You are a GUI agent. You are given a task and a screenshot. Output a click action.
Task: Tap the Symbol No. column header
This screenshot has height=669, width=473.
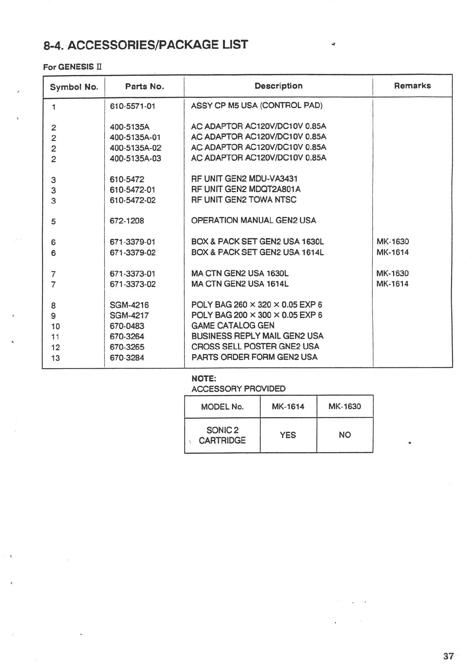click(x=74, y=87)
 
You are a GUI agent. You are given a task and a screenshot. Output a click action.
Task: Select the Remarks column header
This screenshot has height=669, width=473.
click(x=412, y=86)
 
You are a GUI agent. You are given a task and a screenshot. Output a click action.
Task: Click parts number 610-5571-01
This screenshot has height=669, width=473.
click(x=132, y=106)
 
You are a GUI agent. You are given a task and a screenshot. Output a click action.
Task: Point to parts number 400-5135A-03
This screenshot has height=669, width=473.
click(x=135, y=159)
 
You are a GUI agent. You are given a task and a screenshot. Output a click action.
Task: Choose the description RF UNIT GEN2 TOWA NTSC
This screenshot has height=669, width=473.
click(x=244, y=200)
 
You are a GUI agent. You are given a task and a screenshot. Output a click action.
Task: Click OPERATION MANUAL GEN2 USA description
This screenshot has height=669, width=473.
click(x=254, y=220)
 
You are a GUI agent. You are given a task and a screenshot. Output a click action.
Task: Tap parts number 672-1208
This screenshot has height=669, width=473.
click(x=127, y=221)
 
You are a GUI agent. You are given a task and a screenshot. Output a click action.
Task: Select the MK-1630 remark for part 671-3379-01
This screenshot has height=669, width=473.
click(x=392, y=242)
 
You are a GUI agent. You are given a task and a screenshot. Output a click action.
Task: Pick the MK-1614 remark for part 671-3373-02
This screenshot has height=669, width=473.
click(x=392, y=284)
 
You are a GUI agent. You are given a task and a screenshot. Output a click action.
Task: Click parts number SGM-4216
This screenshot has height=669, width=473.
click(x=129, y=305)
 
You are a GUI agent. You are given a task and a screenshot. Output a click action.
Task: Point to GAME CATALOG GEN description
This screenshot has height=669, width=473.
click(x=233, y=326)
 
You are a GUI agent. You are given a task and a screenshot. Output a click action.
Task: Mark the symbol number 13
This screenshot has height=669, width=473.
click(x=56, y=358)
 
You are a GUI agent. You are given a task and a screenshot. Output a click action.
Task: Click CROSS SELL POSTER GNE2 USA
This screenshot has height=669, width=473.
click(x=255, y=346)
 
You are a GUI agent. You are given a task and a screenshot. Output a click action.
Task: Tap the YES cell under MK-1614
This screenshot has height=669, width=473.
click(x=288, y=435)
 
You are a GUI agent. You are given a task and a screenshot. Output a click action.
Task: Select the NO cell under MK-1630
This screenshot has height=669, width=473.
click(x=345, y=435)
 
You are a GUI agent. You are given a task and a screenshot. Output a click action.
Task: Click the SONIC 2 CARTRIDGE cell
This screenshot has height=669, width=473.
click(x=222, y=435)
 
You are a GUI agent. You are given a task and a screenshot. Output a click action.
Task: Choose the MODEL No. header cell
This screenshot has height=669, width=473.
click(x=222, y=407)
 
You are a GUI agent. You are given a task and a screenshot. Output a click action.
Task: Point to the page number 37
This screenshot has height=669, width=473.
click(x=448, y=657)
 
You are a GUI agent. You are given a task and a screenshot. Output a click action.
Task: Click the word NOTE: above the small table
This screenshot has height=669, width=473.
click(x=204, y=379)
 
